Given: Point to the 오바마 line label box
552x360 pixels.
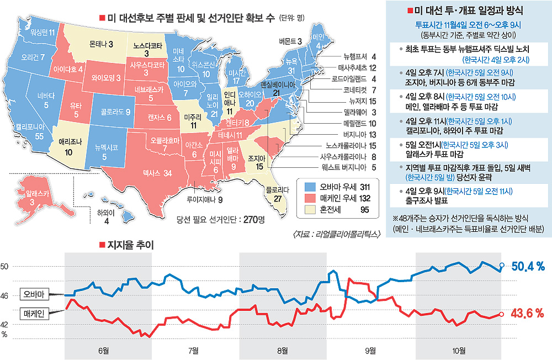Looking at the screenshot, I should click(x=36, y=293).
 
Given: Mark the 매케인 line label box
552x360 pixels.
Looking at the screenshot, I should click(x=36, y=313).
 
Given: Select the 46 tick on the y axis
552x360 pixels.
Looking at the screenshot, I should click(x=5, y=296).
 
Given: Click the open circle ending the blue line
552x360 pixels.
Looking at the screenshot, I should click(x=501, y=266).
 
